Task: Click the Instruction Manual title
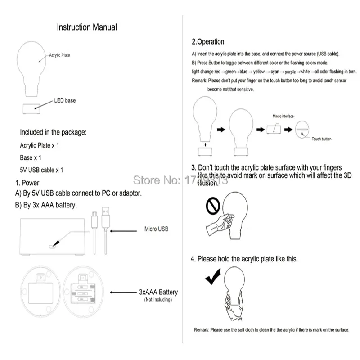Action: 86,27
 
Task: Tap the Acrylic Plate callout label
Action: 59,55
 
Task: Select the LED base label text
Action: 65,100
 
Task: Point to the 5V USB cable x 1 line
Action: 41,170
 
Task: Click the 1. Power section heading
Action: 27,183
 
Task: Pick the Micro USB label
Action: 156,229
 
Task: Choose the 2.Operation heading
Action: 208,42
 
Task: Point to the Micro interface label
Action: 283,116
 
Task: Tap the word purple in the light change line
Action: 291,72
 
